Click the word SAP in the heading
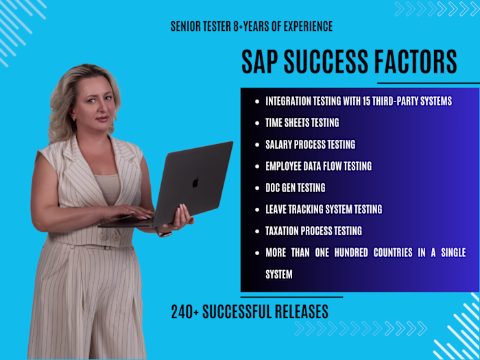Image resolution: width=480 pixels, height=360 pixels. [261, 62]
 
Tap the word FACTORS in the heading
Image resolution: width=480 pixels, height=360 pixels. [419, 62]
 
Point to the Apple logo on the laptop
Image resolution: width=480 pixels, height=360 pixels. [195, 182]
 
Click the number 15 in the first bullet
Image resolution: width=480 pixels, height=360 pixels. [374, 101]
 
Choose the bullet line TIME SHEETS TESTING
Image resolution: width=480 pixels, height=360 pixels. [302, 123]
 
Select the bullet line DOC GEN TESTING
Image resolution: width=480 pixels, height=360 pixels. [295, 187]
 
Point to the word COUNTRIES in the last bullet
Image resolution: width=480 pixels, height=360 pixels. [388, 252]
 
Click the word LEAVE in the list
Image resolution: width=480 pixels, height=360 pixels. [276, 209]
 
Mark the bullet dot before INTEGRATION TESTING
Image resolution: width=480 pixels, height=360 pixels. [257, 101]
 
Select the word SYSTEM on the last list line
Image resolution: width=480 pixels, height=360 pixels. [279, 274]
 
